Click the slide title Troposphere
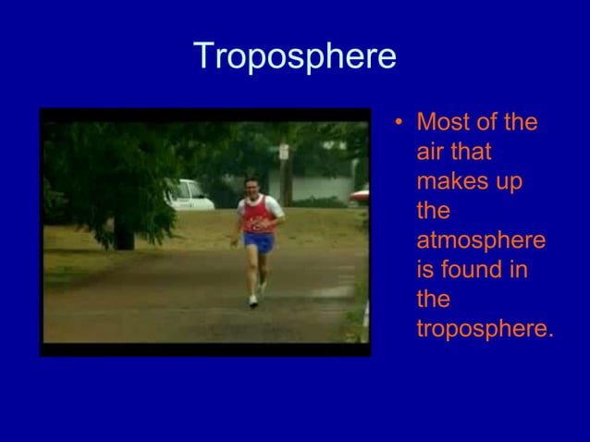295,57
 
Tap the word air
432,153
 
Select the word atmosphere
481,241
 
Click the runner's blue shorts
259,243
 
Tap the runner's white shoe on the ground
253,301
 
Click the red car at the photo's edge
360,195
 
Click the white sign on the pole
284,151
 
